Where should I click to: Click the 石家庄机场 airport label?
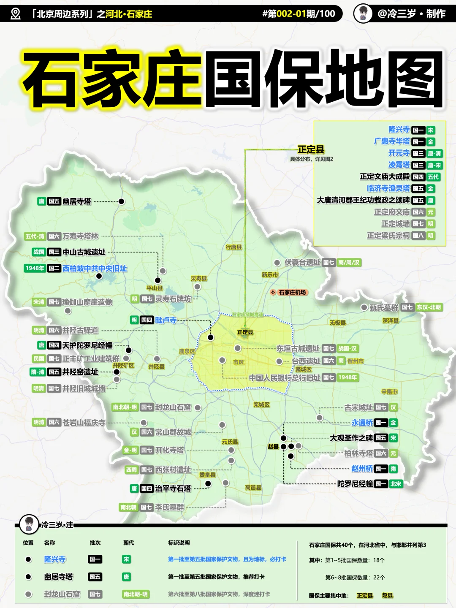click(x=292, y=292)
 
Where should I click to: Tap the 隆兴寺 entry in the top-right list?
click(x=399, y=130)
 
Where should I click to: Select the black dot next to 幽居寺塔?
click(x=122, y=201)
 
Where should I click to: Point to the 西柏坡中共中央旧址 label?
click(x=95, y=268)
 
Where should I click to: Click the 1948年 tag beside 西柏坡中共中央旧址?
click(x=35, y=268)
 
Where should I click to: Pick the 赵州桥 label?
click(x=362, y=468)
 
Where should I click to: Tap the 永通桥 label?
click(x=362, y=423)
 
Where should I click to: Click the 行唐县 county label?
click(x=233, y=247)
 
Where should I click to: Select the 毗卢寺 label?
click(x=166, y=320)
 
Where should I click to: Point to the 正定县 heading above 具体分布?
click(x=311, y=149)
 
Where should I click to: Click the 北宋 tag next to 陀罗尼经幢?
click(x=396, y=484)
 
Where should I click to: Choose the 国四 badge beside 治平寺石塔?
click(x=147, y=489)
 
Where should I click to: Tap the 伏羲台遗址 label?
click(x=302, y=263)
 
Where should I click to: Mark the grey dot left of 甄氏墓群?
click(x=364, y=307)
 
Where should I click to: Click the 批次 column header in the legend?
click(x=95, y=543)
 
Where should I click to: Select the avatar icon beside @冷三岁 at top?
click(x=363, y=14)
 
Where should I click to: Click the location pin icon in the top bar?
click(x=15, y=14)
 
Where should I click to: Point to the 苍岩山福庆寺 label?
click(x=84, y=422)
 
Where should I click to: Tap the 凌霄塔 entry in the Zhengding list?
click(x=399, y=165)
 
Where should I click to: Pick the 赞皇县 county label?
click(x=207, y=475)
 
